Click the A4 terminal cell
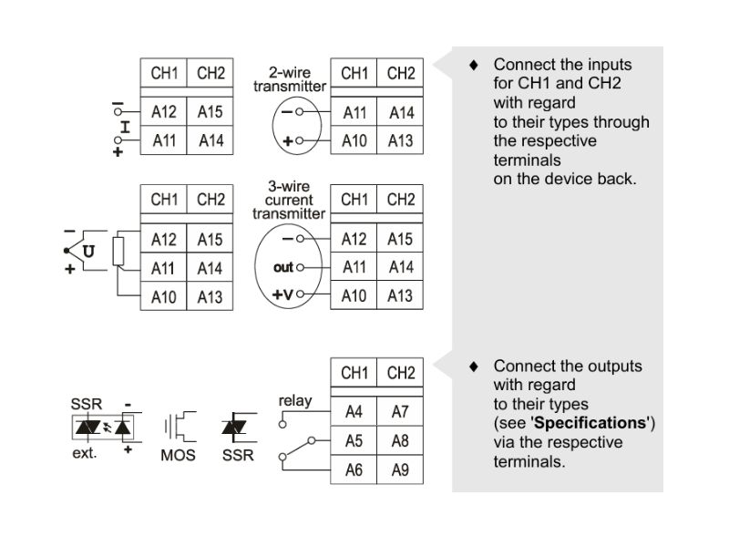(354, 412)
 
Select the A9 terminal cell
(400, 470)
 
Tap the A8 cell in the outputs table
(400, 441)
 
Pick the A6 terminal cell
(354, 470)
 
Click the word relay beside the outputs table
(295, 400)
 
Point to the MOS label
(178, 454)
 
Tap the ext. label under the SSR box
(84, 453)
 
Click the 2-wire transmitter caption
(289, 78)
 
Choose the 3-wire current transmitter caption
(289, 200)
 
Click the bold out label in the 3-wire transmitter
(283, 267)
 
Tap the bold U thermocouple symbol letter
(87, 251)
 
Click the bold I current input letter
(125, 127)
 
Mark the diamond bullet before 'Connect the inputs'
(473, 66)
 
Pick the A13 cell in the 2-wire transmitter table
(400, 141)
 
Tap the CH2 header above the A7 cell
(400, 373)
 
